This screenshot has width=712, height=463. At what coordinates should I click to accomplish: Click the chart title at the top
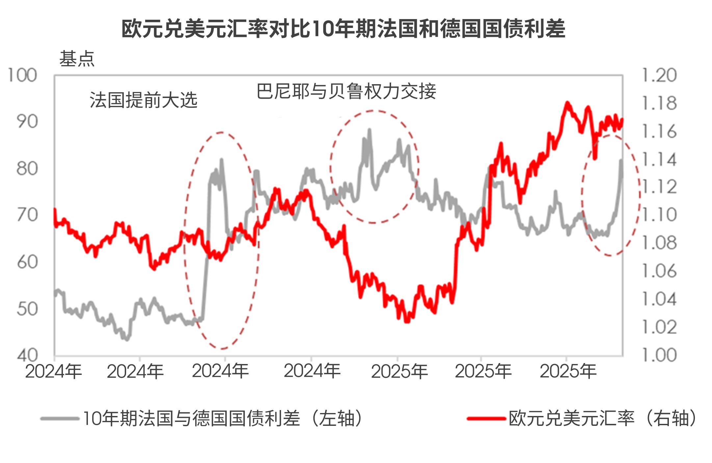(343, 29)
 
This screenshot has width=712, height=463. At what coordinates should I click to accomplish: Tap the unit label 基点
(77, 59)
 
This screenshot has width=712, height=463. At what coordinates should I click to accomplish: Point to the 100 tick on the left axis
(22, 76)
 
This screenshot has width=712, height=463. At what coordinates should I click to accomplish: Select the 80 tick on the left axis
(27, 169)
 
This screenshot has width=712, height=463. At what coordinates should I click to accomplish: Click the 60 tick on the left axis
(27, 262)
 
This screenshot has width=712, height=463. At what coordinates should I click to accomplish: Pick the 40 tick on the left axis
(27, 355)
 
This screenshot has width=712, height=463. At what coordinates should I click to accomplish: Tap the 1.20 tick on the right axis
(659, 76)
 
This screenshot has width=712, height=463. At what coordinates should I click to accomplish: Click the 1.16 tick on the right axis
(659, 132)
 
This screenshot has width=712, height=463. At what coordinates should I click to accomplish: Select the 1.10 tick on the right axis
(659, 215)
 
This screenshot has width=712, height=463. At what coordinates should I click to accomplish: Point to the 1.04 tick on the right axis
(659, 299)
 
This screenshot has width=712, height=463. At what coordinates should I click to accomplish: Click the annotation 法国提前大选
(144, 100)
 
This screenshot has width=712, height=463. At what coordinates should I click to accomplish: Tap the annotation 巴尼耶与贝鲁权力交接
(346, 91)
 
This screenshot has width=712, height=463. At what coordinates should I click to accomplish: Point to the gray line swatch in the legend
(60, 419)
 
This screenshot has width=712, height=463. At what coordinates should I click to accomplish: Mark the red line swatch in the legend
(486, 419)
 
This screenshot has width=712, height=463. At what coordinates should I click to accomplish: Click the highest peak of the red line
(567, 103)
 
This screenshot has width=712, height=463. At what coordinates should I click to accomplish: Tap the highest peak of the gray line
(369, 130)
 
